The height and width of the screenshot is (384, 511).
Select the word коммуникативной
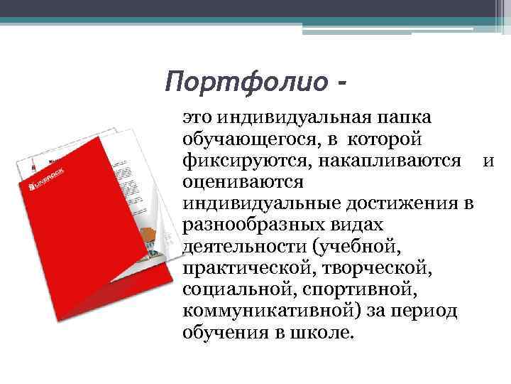[x=255, y=311]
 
